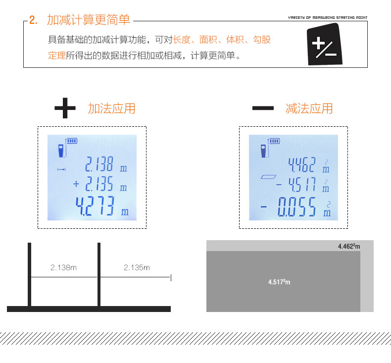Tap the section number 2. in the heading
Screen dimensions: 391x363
pyautogui.click(x=34, y=20)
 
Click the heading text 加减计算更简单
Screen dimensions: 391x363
pyautogui.click(x=89, y=20)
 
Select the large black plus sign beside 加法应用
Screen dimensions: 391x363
pyautogui.click(x=65, y=108)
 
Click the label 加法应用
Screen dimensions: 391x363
pyautogui.click(x=111, y=108)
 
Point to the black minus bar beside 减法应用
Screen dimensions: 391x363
pyautogui.click(x=263, y=108)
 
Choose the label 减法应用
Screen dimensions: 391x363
pyautogui.click(x=309, y=108)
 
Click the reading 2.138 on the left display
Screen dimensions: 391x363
pyautogui.click(x=99, y=164)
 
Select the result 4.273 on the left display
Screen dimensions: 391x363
pyautogui.click(x=96, y=207)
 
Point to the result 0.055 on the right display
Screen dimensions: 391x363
pyautogui.click(x=296, y=207)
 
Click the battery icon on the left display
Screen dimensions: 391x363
pyautogui.click(x=72, y=141)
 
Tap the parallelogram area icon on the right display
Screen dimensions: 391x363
pyautogui.click(x=268, y=177)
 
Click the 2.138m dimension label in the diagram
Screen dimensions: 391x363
pyautogui.click(x=64, y=267)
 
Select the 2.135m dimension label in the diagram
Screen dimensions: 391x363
pyautogui.click(x=137, y=267)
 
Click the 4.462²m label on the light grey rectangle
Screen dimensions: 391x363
pyautogui.click(x=349, y=246)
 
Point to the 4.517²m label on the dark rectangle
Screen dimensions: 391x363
pyautogui.click(x=279, y=282)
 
